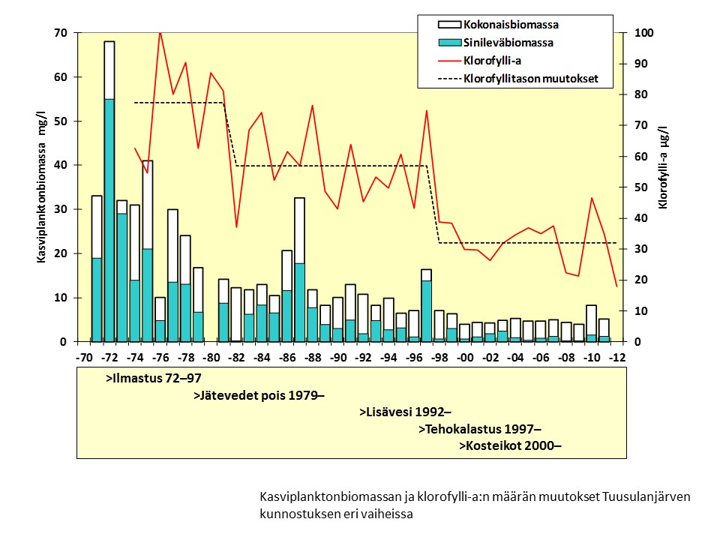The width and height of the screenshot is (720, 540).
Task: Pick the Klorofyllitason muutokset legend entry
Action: tap(530, 79)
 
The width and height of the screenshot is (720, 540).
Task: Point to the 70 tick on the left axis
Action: tap(60, 33)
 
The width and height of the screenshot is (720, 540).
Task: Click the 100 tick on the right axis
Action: tap(645, 33)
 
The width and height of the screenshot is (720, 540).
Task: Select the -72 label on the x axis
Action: tap(109, 357)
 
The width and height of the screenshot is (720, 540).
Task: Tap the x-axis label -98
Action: tap(440, 357)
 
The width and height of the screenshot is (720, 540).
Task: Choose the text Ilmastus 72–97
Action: tap(154, 379)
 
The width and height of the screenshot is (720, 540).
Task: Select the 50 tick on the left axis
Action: tap(60, 121)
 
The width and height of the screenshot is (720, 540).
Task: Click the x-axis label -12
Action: tap(618, 357)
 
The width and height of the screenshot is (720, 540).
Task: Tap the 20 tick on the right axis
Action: tap(642, 280)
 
